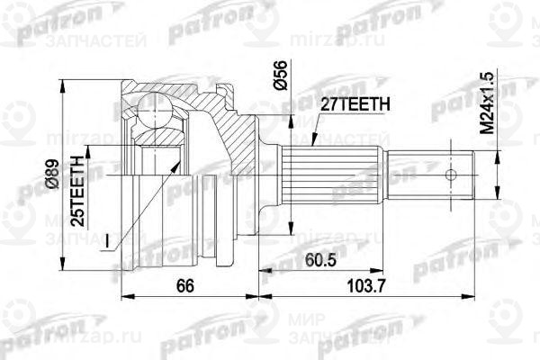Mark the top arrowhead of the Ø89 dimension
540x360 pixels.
click(64, 84)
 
